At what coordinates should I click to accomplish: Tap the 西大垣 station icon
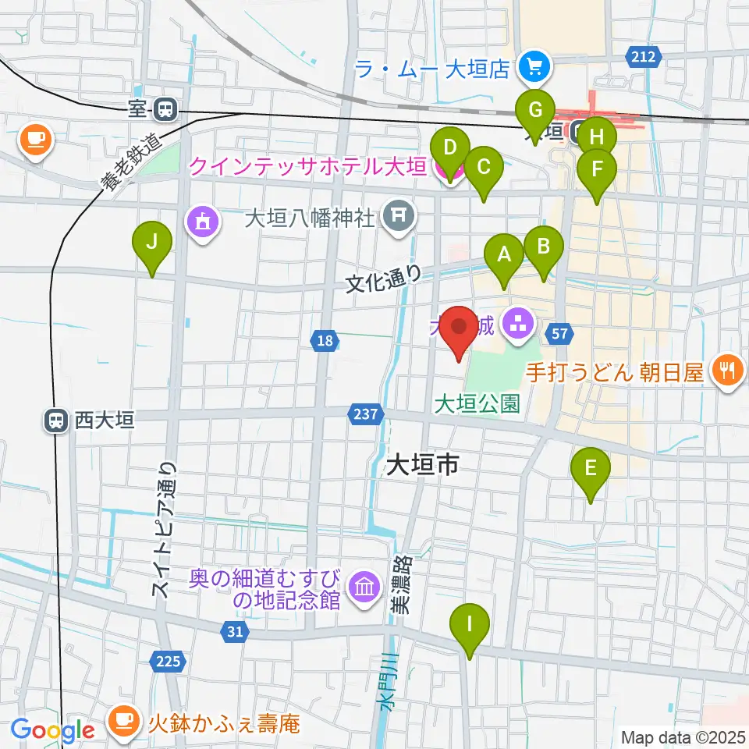pyautogui.click(x=55, y=421)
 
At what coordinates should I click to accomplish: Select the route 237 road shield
pyautogui.click(x=368, y=414)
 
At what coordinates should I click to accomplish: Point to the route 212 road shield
pyautogui.click(x=644, y=56)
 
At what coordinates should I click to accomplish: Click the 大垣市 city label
pyautogui.click(x=421, y=467)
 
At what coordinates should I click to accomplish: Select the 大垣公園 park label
pyautogui.click(x=477, y=403)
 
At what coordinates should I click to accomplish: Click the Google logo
pyautogui.click(x=52, y=730)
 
